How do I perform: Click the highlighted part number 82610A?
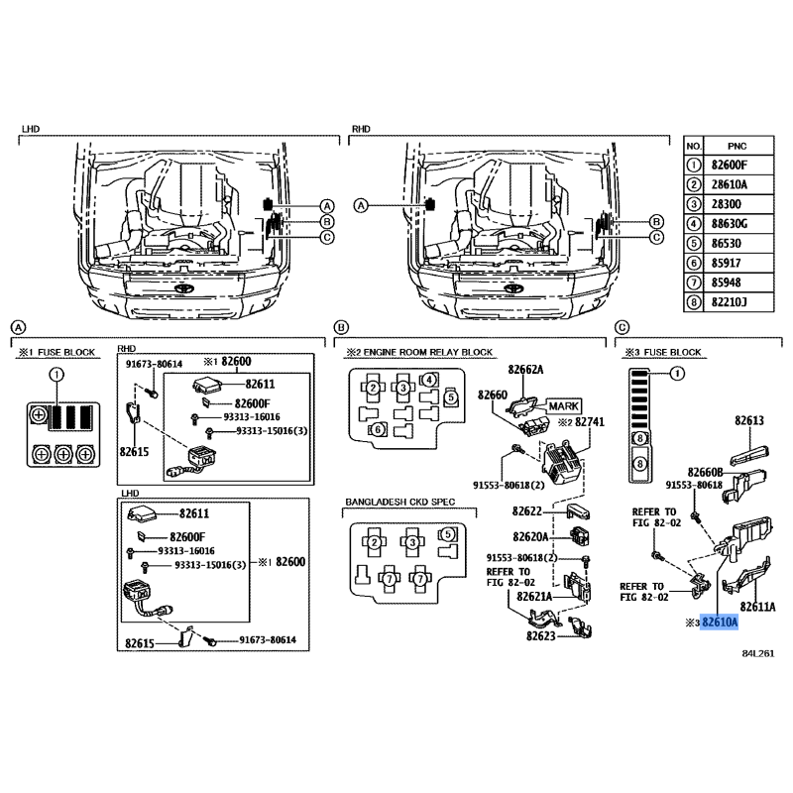click(x=720, y=623)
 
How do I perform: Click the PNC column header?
click(x=736, y=146)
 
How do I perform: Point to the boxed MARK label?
click(x=564, y=406)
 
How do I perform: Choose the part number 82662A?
click(x=525, y=369)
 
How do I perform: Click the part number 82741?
click(x=590, y=422)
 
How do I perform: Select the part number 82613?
click(x=749, y=420)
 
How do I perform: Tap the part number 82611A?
click(x=757, y=607)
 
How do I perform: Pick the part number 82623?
click(x=540, y=635)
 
